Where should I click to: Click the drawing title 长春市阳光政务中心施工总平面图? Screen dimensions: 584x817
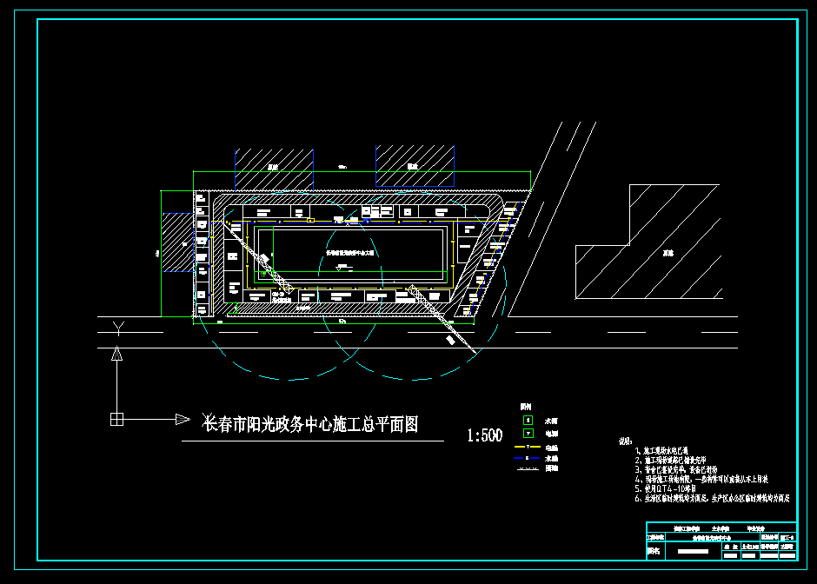(x=310, y=425)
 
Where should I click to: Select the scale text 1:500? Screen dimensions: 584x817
(x=484, y=435)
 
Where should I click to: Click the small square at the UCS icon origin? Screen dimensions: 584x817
(x=117, y=420)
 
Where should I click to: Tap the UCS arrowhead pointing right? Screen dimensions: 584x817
(x=183, y=420)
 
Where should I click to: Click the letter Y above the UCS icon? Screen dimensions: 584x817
(x=118, y=328)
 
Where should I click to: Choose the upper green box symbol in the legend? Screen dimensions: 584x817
(x=527, y=420)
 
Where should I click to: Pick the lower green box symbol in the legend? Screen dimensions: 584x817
(x=527, y=432)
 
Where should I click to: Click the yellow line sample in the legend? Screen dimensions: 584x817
(x=527, y=445)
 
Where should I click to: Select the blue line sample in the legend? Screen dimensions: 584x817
(x=527, y=456)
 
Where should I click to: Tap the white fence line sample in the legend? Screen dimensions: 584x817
(x=527, y=468)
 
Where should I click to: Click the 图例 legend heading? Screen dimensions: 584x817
(x=525, y=407)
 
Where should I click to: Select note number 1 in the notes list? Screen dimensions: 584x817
(x=639, y=452)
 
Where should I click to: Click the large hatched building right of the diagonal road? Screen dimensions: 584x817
(x=661, y=252)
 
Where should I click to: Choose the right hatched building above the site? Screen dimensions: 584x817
(x=414, y=165)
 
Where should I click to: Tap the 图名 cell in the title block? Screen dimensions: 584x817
(x=654, y=550)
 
